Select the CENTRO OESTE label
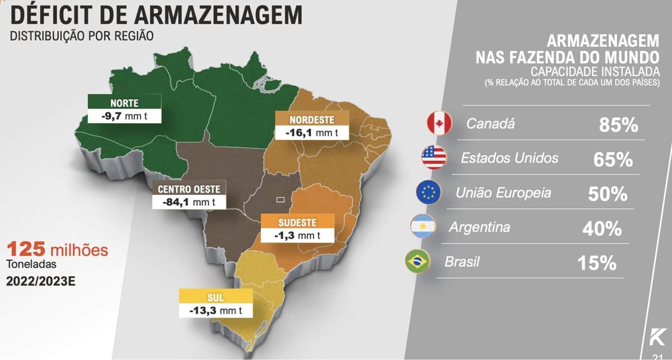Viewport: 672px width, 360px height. coord(189,189)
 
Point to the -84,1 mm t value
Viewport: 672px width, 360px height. coord(189,202)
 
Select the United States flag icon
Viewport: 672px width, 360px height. coord(434,157)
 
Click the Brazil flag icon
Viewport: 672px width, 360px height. coord(418,262)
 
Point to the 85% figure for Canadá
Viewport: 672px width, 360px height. coord(618,125)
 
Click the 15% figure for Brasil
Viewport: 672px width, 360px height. coord(597,263)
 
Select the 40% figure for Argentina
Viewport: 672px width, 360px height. coord(602,229)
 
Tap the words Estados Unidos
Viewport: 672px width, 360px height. coord(509,158)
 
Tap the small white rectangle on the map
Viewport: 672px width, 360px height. coord(280,199)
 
